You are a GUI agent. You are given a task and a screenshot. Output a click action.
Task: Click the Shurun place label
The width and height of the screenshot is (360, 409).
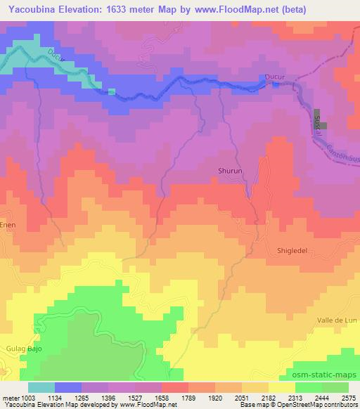click(x=229, y=170)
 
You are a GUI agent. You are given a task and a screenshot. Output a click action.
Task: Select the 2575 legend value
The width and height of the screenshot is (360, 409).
click(x=349, y=398)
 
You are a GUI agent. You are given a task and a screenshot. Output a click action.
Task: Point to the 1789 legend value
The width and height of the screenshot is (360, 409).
click(x=188, y=398)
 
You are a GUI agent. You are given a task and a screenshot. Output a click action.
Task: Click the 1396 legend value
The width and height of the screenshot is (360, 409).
click(x=108, y=398)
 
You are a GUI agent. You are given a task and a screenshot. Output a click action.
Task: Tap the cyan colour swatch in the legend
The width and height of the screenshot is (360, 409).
click(x=41, y=387)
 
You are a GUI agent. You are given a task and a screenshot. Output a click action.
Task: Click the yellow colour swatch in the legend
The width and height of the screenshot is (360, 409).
click(x=282, y=387)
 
